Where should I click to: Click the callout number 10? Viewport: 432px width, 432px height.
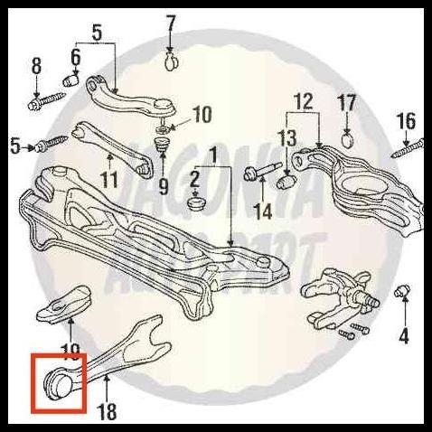click(x=202, y=114)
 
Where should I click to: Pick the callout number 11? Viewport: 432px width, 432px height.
click(x=108, y=178)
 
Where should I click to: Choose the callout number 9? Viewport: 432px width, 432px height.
click(x=164, y=188)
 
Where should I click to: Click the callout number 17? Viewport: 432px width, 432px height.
click(x=348, y=101)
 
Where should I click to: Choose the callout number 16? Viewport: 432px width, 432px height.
click(x=406, y=120)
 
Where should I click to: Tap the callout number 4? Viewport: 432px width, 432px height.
click(x=402, y=337)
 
